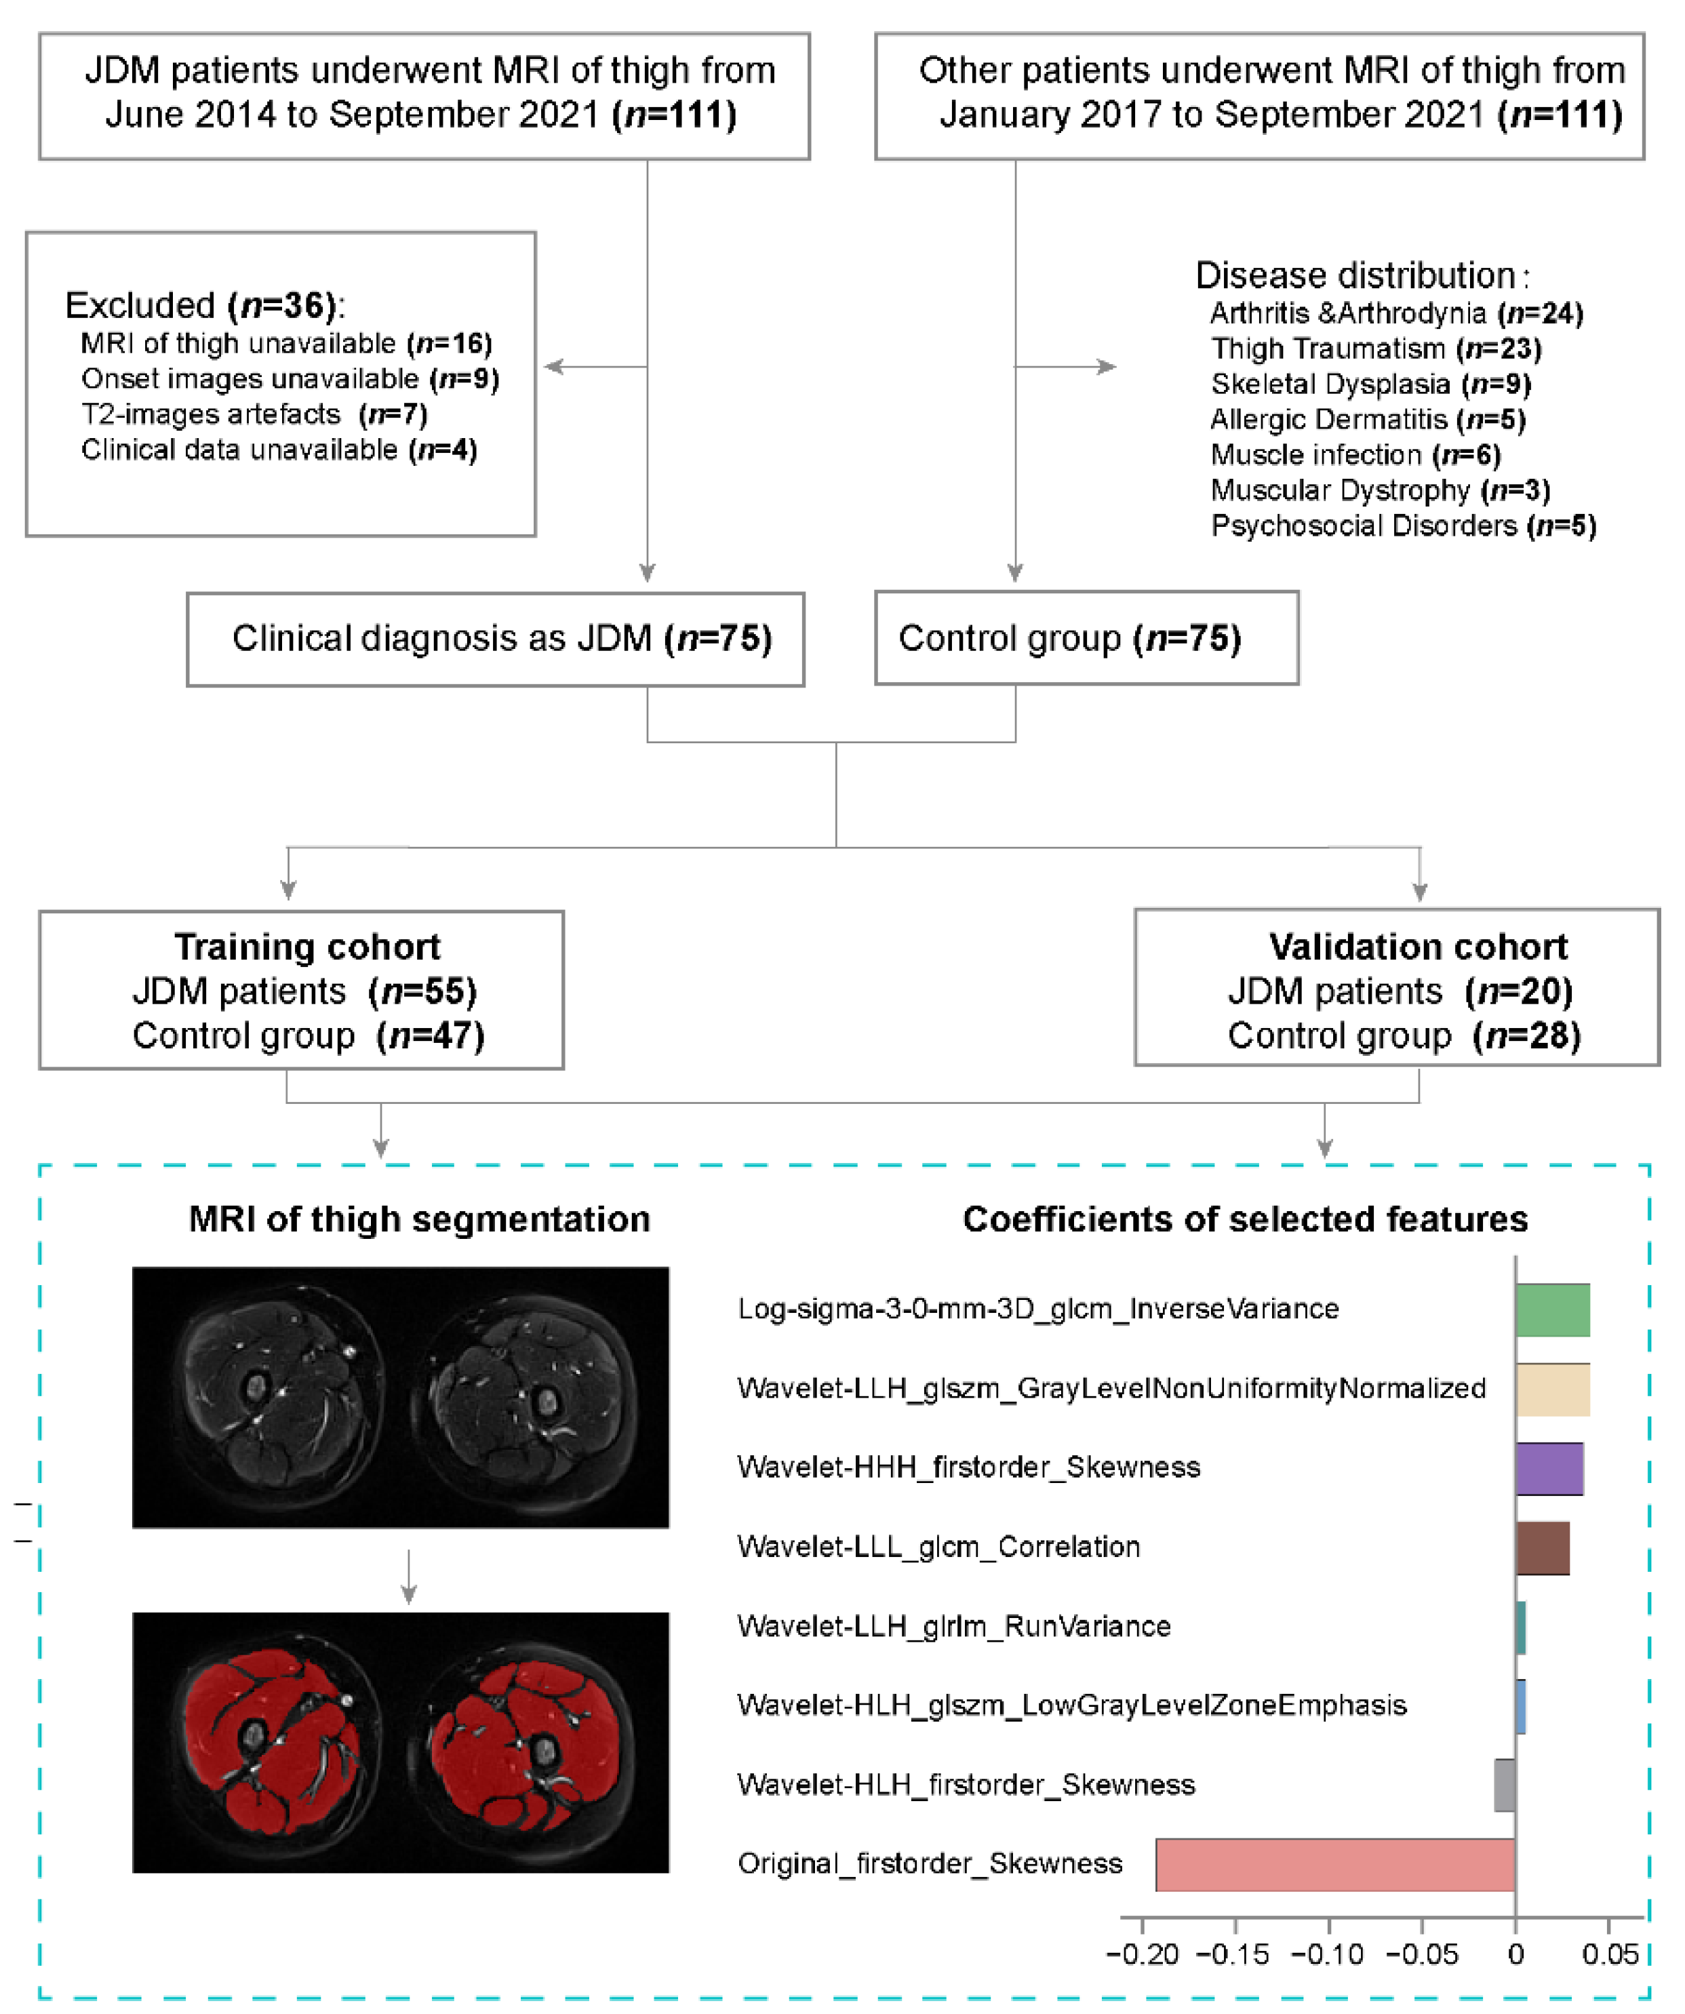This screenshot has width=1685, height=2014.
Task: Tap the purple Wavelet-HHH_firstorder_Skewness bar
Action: click(x=1549, y=1468)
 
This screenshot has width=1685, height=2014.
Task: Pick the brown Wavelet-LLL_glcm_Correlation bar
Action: click(x=1542, y=1547)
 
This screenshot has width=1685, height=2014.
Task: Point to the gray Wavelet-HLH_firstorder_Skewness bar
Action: click(x=1504, y=1785)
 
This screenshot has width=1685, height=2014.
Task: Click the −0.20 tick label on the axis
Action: click(x=1142, y=1954)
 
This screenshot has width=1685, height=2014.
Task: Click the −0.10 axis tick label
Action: click(x=1328, y=1954)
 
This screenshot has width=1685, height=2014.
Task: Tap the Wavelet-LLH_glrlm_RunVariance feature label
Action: click(x=953, y=1627)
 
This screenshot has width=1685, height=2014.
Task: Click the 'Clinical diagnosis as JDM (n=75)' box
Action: click(x=495, y=639)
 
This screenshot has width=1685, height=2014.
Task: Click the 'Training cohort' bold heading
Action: click(x=307, y=947)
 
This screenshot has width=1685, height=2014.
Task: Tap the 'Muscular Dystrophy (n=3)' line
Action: click(x=1380, y=490)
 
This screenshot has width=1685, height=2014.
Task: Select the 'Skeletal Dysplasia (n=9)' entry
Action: click(x=1370, y=384)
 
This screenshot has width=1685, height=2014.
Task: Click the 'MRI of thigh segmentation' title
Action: click(x=419, y=1219)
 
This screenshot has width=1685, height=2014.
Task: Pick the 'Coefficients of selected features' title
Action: click(x=1245, y=1219)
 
